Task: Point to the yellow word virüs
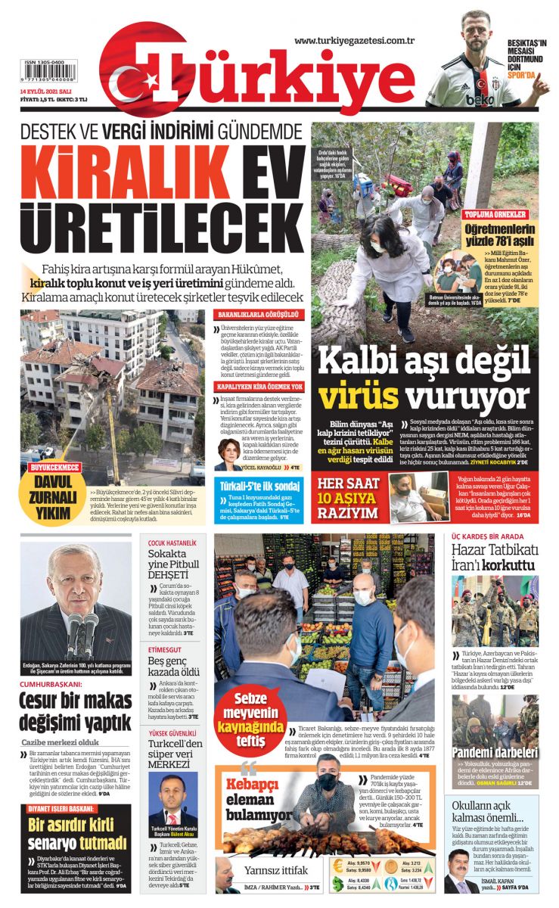tap(358, 394)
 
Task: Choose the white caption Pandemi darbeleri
tap(495, 752)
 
